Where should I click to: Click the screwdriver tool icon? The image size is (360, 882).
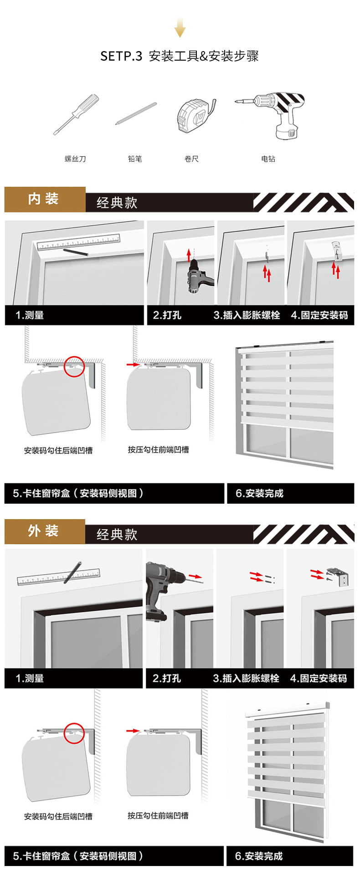coord(76,114)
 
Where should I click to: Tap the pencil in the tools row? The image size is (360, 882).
coord(136,113)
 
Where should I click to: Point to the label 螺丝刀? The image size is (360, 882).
coord(75,159)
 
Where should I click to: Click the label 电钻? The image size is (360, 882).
coord(268,159)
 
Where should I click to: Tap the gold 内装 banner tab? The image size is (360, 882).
coord(45,199)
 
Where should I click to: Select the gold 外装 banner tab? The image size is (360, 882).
coord(45,531)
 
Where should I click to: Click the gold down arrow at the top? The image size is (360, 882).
coord(180,27)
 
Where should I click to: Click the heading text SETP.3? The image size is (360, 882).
coord(121,56)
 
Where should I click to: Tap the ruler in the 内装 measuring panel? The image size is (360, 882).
coord(78,242)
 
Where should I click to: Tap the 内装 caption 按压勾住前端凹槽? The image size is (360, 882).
coord(158,450)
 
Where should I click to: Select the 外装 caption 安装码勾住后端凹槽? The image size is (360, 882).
coord(58,816)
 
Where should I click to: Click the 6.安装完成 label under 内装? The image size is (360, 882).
coord(259,493)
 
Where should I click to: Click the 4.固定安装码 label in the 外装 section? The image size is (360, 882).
coord(319,678)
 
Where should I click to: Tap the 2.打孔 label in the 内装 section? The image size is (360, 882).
coord(167,315)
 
